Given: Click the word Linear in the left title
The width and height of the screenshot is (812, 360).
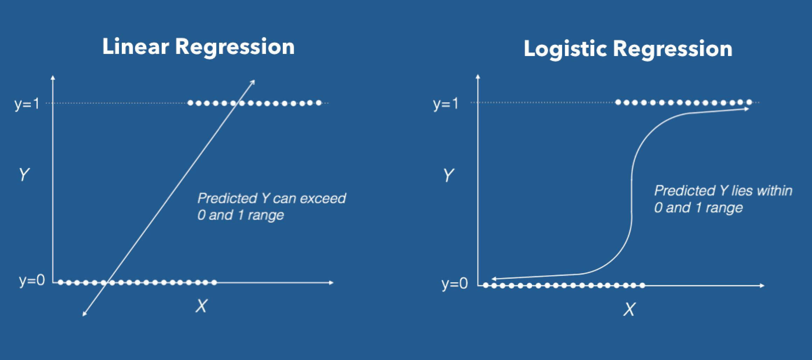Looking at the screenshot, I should tap(135, 47).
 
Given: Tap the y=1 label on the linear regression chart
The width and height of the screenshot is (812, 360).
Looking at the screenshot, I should tap(27, 104).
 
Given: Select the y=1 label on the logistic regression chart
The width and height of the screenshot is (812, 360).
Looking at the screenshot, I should tap(445, 104).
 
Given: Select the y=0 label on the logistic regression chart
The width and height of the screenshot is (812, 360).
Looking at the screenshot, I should tap(454, 283).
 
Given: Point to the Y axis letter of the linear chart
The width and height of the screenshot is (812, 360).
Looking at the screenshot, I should tap(24, 174).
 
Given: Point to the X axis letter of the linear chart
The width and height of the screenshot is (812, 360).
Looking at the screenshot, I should tap(201, 306).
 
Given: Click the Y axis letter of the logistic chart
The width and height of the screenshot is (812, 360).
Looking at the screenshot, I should tap(448, 175).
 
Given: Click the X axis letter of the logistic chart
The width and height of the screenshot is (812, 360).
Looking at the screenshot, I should tap(629, 309).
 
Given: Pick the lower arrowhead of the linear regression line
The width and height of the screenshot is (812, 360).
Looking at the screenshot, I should tap(84, 314).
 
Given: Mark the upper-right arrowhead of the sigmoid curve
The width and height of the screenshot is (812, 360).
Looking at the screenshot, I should tap(747, 109).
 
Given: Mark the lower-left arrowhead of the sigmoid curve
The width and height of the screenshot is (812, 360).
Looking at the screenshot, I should tap(494, 279).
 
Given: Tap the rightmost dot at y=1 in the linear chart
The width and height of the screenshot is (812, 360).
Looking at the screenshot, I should tap(318, 103).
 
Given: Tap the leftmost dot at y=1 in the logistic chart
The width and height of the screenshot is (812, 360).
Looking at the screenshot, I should tap(618, 102).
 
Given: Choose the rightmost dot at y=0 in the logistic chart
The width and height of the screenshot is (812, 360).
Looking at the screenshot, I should tap(642, 285).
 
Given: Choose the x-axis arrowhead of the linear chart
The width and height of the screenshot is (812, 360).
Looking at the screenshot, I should tap(331, 282).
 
